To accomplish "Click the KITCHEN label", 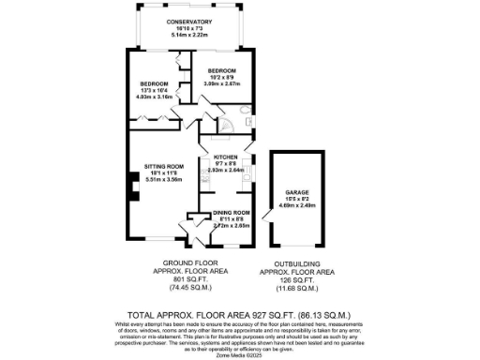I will (225, 157).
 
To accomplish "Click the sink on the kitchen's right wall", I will (245, 172).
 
